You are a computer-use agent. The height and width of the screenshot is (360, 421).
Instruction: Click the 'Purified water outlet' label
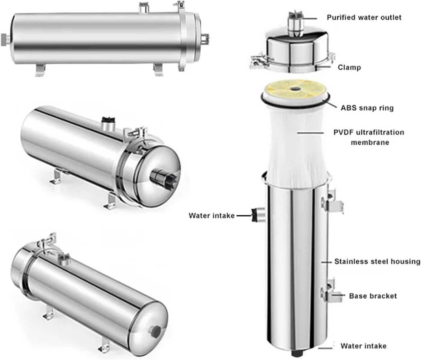(364, 17)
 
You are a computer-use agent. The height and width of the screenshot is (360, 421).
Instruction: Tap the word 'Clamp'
(349, 67)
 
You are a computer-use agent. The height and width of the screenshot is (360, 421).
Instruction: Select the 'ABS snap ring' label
(367, 108)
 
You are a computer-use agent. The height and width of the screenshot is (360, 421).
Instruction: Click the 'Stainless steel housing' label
(377, 262)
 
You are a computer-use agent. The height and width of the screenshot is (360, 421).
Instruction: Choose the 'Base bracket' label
(373, 296)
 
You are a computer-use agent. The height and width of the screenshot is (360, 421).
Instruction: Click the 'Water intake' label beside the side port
(211, 216)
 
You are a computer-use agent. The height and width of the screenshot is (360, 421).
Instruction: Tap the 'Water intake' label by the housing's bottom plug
(363, 346)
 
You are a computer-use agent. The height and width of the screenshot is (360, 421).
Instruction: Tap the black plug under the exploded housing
(295, 353)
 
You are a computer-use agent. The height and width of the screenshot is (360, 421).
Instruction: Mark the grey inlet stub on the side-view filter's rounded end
(4, 40)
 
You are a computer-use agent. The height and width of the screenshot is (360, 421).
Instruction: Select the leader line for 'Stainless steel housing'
(326, 262)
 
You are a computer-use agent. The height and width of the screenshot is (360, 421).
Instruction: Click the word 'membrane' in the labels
(370, 142)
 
